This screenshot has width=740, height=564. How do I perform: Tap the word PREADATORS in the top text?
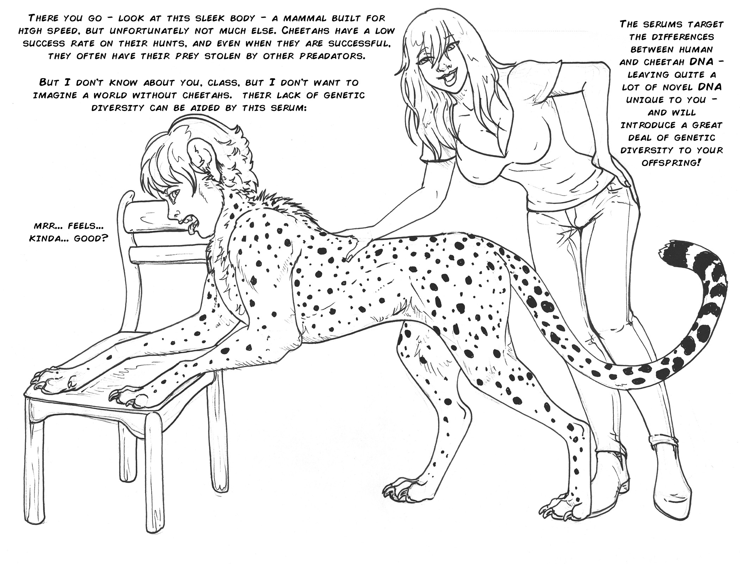coord(331,56)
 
